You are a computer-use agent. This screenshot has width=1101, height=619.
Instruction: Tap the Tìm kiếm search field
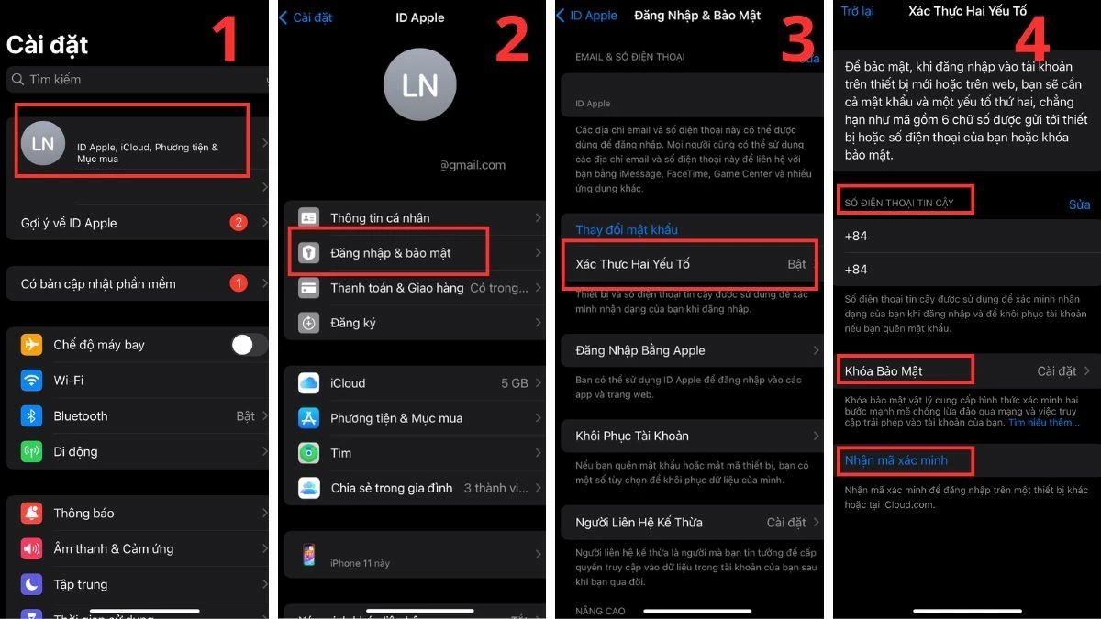point(138,80)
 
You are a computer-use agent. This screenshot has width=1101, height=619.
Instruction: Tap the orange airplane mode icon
point(32,345)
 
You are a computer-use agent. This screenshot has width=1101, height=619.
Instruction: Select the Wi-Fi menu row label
point(69,380)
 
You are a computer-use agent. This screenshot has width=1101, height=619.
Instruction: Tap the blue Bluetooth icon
point(32,415)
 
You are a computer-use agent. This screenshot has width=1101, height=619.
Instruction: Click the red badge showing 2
point(239,222)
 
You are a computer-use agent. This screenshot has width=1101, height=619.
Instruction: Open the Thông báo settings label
point(83,513)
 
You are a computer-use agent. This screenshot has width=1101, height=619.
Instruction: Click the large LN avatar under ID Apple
point(419,85)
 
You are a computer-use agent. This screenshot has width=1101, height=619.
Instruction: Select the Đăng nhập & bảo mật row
point(390,252)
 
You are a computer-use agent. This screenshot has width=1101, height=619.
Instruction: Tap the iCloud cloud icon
point(309,383)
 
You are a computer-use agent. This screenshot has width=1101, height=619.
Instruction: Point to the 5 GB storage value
point(514,383)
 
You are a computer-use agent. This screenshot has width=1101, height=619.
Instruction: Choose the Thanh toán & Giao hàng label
point(396,288)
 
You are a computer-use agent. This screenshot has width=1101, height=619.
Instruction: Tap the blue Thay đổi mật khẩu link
point(627,229)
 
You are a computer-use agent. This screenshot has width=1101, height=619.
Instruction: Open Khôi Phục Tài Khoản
point(632,436)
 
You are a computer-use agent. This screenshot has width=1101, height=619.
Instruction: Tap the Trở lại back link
point(857,11)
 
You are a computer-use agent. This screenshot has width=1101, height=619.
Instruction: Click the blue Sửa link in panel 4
point(1079,204)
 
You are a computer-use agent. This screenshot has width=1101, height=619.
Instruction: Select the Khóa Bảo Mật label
point(884,371)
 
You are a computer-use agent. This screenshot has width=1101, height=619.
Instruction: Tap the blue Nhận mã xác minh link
point(896,460)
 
